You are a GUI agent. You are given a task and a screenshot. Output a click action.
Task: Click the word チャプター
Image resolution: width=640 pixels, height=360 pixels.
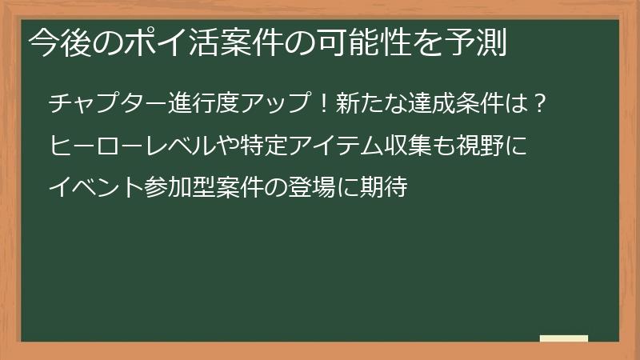(107, 104)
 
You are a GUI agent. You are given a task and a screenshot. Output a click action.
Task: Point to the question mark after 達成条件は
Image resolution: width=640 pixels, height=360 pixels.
(540, 104)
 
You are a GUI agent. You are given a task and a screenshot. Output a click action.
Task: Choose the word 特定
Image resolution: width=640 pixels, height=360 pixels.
(263, 146)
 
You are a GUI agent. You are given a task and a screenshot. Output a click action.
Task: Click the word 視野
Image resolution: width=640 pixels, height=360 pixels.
(489, 146)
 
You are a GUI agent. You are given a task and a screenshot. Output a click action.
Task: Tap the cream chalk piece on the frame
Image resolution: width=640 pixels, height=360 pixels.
(563, 338)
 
